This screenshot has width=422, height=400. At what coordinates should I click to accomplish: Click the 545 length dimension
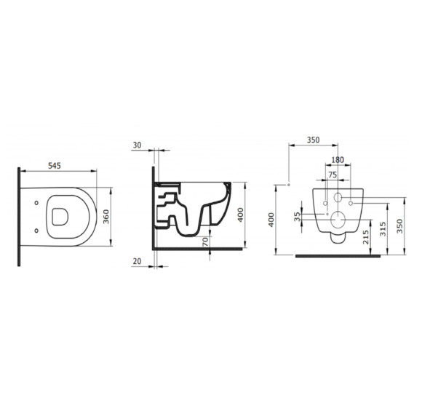click(x=55, y=166)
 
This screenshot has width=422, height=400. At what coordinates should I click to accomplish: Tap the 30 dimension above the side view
click(x=137, y=145)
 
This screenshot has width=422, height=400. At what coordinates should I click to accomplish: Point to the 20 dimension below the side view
click(x=137, y=260)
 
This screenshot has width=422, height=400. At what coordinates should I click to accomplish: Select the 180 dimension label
click(x=338, y=160)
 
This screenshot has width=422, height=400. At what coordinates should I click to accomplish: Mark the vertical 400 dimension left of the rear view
click(x=272, y=220)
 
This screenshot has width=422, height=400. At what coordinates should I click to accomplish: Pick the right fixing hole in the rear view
click(x=351, y=203)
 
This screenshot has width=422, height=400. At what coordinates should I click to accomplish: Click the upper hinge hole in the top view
click(x=37, y=203)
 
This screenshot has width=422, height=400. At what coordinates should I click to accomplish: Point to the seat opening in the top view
click(x=61, y=216)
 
